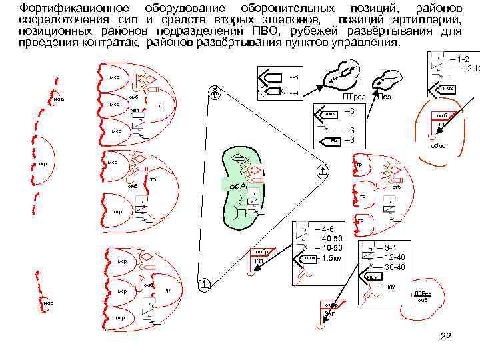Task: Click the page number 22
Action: [x=446, y=336]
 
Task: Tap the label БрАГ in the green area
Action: [x=237, y=183]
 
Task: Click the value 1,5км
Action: [x=331, y=257]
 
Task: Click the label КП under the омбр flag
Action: [x=259, y=261]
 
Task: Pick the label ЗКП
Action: [x=330, y=314]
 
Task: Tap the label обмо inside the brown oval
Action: [x=439, y=145]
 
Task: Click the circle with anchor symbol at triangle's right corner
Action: [x=322, y=171]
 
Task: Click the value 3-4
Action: [x=391, y=247]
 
